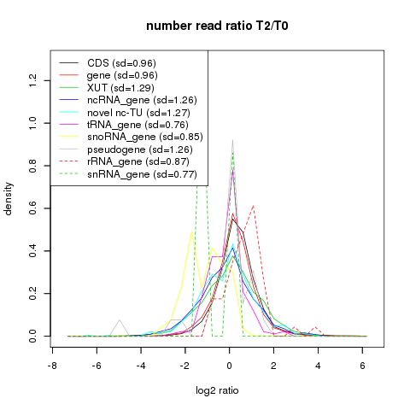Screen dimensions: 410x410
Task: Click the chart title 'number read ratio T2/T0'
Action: coord(217,26)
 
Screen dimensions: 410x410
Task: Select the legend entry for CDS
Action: coord(108,63)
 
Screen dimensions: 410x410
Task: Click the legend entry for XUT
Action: coord(107,88)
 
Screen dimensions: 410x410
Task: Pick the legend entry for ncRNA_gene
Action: coord(128,100)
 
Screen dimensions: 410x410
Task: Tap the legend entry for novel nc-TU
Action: coord(125,113)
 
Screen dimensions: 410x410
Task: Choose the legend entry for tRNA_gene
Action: coord(124,125)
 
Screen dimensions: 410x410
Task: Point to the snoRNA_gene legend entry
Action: coord(132,137)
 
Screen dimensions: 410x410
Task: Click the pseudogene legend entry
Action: coord(126,149)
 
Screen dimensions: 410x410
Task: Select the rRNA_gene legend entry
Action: coord(125,161)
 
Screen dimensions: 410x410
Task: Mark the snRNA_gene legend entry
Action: coord(128,174)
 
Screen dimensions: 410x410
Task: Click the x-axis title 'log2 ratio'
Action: coord(217,390)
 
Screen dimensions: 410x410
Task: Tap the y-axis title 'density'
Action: coord(9,198)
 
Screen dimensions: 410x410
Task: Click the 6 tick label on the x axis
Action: coord(362,366)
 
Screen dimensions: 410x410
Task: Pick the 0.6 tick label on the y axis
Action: coord(33,208)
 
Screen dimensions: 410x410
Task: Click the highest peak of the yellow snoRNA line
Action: coord(191,231)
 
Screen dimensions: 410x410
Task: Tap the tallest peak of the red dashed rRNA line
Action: coord(253,206)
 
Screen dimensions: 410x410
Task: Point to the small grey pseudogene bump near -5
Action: coord(120,320)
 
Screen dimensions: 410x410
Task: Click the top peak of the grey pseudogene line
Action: coord(232,140)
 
